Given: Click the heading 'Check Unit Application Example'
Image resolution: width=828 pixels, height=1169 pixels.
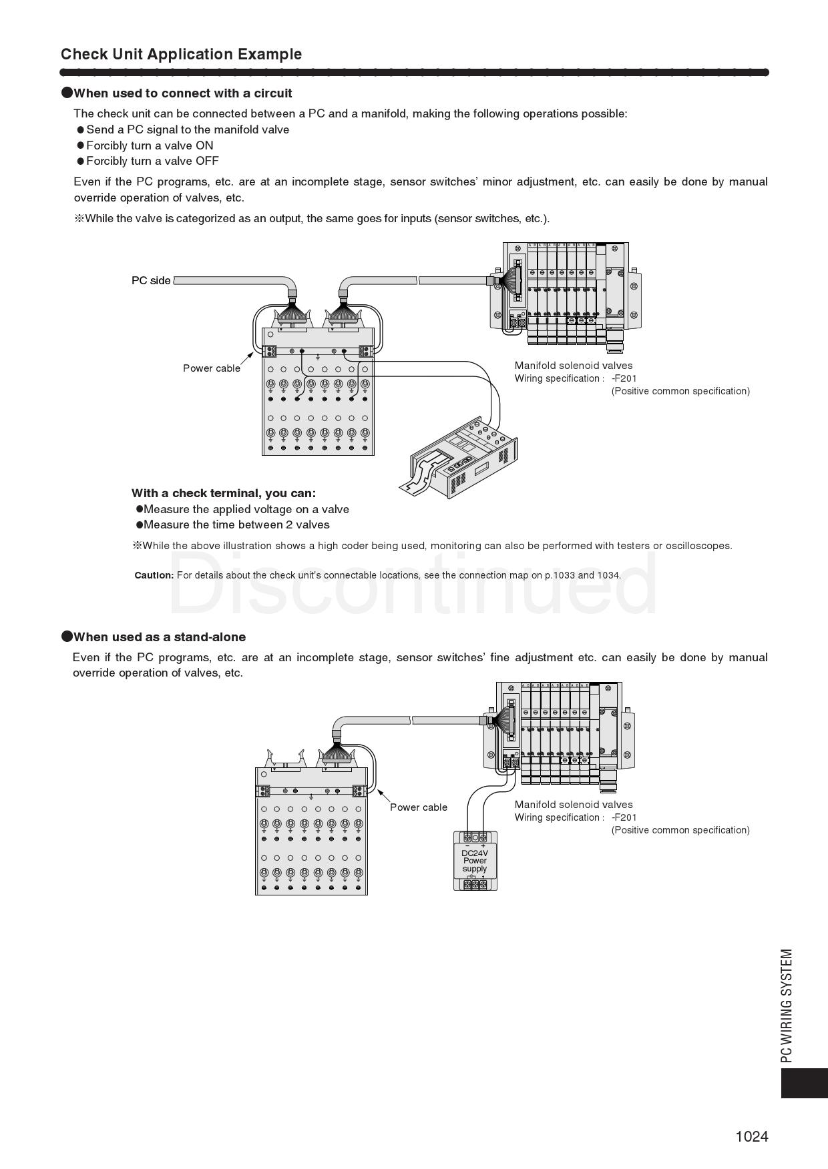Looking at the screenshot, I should (x=181, y=54).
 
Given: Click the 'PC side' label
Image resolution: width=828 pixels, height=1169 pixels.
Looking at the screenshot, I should (x=151, y=281).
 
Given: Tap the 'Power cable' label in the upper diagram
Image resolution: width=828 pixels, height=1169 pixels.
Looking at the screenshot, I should (x=212, y=368).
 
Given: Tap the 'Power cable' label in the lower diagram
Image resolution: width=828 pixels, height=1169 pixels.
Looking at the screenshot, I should (x=419, y=807).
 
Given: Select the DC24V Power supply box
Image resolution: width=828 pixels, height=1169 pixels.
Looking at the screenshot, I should (x=475, y=861).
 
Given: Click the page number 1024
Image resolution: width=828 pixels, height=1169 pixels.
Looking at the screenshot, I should (x=752, y=1136).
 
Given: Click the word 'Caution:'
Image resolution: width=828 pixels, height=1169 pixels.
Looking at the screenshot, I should (x=154, y=575).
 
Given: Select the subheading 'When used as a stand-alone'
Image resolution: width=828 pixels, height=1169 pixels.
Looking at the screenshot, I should (x=160, y=637).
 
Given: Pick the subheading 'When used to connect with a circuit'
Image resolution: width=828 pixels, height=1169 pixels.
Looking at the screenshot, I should (x=182, y=93).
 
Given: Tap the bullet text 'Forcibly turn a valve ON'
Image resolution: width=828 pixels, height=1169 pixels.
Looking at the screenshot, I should (x=150, y=145).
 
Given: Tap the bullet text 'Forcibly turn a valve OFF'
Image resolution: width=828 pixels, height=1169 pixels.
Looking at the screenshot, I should (x=152, y=161).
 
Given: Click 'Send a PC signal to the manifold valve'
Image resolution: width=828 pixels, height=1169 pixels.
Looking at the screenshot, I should (x=188, y=129).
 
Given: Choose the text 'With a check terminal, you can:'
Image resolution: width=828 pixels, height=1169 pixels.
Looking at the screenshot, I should (x=224, y=493).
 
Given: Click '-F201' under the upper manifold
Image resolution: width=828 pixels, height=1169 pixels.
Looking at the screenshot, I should (x=624, y=378).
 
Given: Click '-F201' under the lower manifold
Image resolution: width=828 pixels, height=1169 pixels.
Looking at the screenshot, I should (x=624, y=817).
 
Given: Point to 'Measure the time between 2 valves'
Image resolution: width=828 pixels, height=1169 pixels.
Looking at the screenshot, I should (x=236, y=524).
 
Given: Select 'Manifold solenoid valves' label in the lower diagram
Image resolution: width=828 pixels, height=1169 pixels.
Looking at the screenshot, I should (x=574, y=805).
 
